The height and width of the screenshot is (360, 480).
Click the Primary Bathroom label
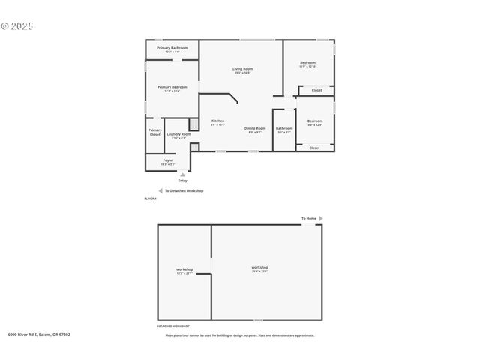(172, 48)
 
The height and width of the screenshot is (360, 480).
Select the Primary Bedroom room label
(172, 87)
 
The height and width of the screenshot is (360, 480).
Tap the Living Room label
(241, 69)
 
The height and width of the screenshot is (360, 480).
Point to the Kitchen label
(217, 121)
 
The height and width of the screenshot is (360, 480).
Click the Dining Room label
(255, 128)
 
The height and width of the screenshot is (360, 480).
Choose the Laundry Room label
(178, 134)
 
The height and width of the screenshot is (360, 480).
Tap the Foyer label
(168, 160)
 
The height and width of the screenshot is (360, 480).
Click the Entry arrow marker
(182, 175)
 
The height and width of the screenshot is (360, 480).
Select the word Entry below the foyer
(182, 181)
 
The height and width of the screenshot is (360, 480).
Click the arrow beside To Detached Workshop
(160, 191)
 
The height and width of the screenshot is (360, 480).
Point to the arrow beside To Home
(321, 218)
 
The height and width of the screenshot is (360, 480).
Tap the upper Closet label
(316, 91)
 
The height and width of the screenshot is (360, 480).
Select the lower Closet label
(314, 148)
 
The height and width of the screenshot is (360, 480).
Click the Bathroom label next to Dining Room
(284, 128)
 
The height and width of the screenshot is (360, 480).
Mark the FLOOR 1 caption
(150, 199)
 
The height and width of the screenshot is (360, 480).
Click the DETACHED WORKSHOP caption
(172, 326)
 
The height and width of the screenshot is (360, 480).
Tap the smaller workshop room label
(184, 269)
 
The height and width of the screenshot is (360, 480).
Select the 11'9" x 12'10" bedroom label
(308, 63)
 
